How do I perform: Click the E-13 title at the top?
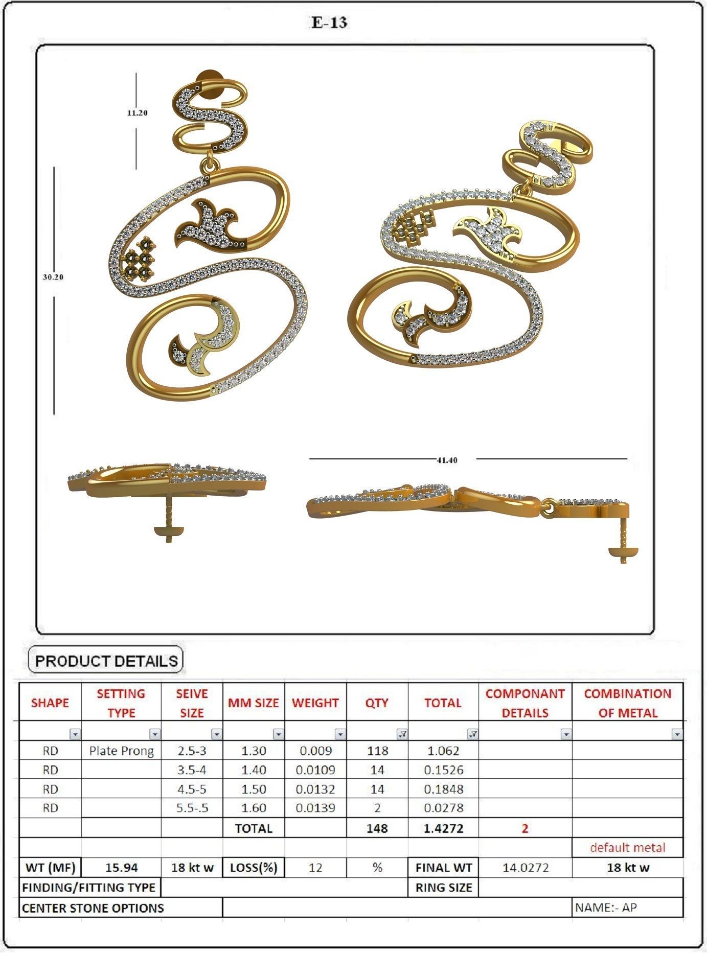point(329,22)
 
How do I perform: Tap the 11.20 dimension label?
point(137,113)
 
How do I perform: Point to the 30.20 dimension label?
point(53,277)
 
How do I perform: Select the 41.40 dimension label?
point(447,460)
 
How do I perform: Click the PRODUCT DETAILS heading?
point(106,661)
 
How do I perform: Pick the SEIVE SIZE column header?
point(192,703)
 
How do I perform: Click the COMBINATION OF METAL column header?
point(627,703)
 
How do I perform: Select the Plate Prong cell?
point(121,751)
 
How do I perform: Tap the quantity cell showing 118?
point(377,751)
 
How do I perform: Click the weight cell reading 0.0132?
point(315,789)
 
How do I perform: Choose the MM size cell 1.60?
point(254,808)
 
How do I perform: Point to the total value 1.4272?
point(443,828)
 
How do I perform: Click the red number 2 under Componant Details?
point(525,828)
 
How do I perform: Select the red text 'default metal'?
point(627,848)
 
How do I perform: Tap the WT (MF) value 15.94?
point(121,868)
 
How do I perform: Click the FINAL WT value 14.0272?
point(525,868)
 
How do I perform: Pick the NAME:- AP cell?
point(606,908)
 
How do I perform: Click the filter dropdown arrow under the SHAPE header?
point(75,734)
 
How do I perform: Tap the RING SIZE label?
point(443,888)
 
